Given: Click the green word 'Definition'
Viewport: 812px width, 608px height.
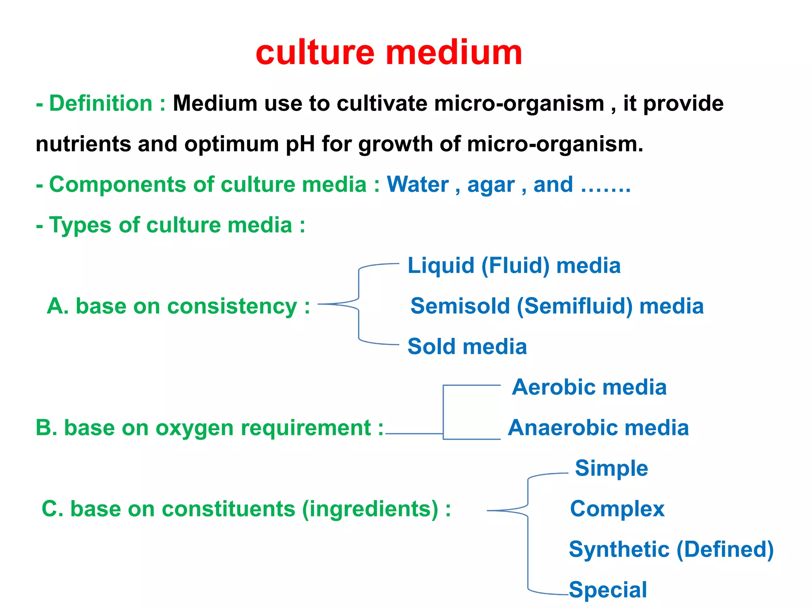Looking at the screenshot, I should pos(101,104).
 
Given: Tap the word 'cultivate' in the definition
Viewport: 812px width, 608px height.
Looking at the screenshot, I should pos(383,104).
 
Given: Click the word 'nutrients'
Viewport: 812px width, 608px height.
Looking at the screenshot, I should pos(83,144).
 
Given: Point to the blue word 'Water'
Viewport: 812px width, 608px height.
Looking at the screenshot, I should pos(417,185).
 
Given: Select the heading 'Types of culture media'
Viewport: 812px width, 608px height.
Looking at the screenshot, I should pos(170,225).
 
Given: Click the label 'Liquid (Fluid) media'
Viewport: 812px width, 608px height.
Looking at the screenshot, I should pos(514,265).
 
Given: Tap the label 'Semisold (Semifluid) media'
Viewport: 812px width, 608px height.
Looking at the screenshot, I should pos(557,306).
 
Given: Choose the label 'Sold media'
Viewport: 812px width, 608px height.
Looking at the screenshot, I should pos(467,347).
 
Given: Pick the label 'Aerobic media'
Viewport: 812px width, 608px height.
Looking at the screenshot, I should pos(589,387).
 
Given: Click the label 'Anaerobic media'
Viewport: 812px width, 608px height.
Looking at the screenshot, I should pos(598,428).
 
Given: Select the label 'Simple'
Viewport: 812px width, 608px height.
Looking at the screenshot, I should pos(611,469).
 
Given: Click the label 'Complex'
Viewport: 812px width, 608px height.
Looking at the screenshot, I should pos(617,509).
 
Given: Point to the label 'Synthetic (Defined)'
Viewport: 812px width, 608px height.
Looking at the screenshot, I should pos(671,550).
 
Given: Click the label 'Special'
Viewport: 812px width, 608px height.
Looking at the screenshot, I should pos(608,590).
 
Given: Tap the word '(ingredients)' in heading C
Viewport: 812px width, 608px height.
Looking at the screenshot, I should pos(370,509).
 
